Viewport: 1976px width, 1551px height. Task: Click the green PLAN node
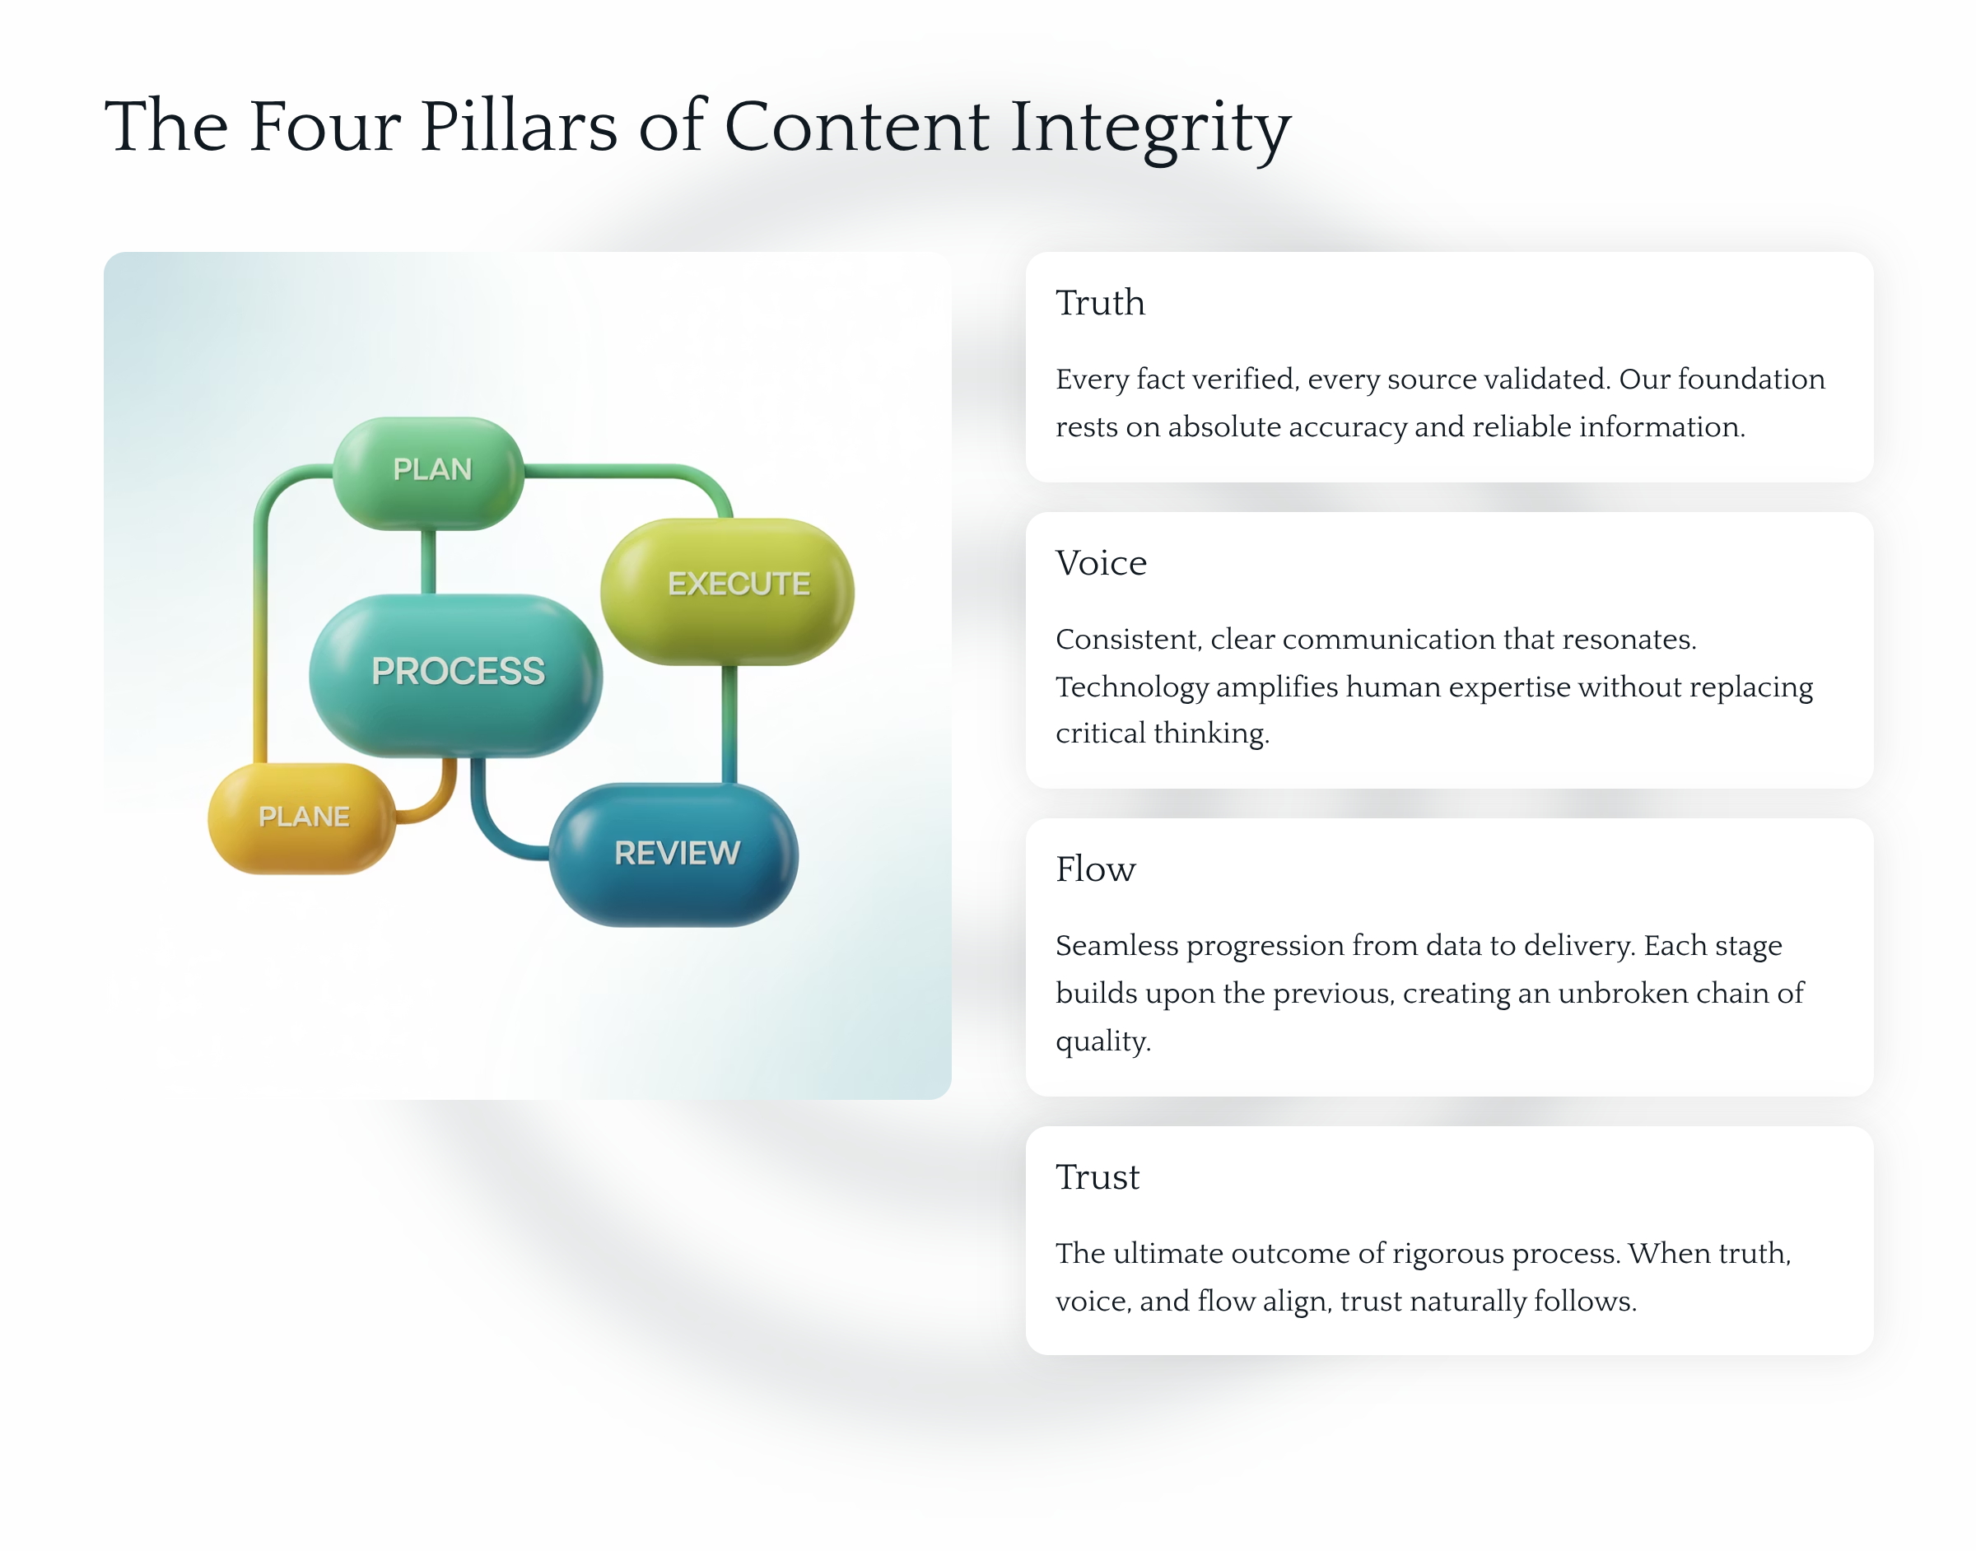point(429,473)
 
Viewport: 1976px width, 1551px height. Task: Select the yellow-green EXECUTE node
point(726,591)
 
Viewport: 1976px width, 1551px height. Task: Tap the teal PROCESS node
point(456,675)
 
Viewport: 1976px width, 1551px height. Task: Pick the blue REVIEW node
point(673,855)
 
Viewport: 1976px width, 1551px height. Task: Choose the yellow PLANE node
point(302,818)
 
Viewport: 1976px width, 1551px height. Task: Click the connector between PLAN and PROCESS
point(429,562)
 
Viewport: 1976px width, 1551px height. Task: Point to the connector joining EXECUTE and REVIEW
point(729,724)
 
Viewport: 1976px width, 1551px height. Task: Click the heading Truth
point(1100,302)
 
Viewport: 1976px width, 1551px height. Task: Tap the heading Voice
point(1101,563)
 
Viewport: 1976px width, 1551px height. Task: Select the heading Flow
point(1095,869)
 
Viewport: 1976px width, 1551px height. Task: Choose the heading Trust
point(1097,1177)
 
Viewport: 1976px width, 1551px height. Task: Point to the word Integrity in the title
point(1150,129)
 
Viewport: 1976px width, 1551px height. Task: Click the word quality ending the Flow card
point(1102,1041)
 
